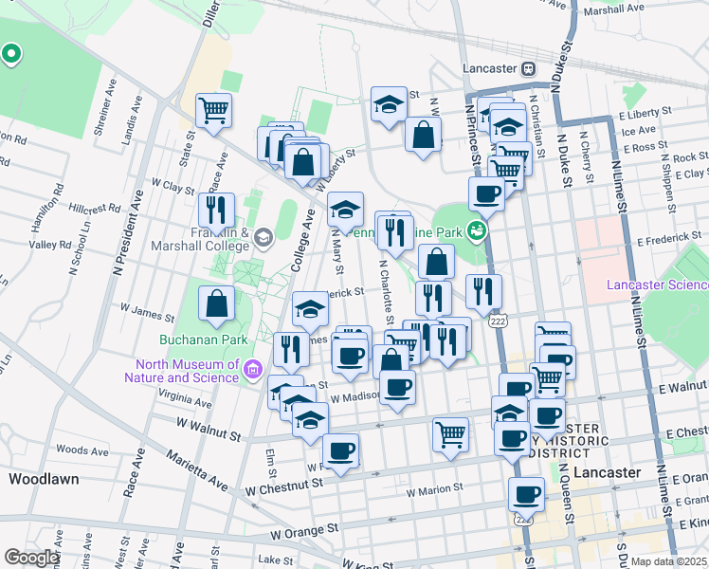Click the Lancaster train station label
coord(491,68)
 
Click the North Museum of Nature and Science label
coord(187,370)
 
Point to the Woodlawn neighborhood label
coord(44,479)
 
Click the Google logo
coord(31,557)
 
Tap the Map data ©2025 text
coord(666,561)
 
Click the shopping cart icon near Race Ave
coord(214,109)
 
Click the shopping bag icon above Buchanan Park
coord(217,303)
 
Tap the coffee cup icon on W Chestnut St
coord(340,450)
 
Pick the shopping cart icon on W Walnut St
coord(451,433)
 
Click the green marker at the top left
coord(11,55)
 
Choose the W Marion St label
coord(435,491)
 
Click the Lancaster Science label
coord(658,284)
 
